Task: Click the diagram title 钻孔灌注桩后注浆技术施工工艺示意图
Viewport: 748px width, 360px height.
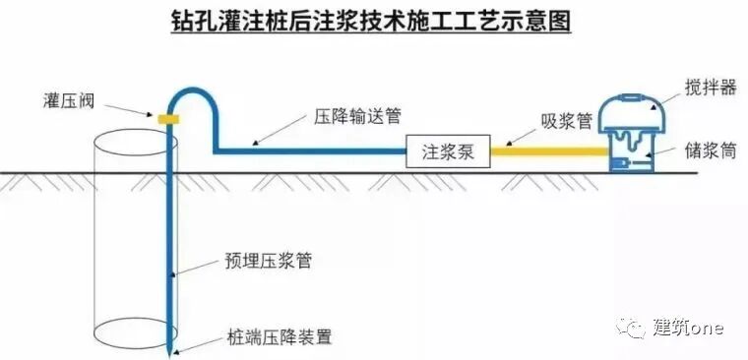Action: pos(374,22)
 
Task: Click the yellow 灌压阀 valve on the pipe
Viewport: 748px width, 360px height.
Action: pos(168,118)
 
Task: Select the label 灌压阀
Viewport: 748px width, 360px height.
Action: pos(70,98)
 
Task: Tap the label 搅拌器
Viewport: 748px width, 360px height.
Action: pos(710,88)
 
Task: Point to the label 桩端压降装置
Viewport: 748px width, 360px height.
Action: pos(278,336)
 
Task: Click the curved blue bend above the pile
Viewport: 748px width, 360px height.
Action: pos(191,92)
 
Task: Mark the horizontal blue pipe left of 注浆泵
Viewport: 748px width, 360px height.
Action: pos(310,151)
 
